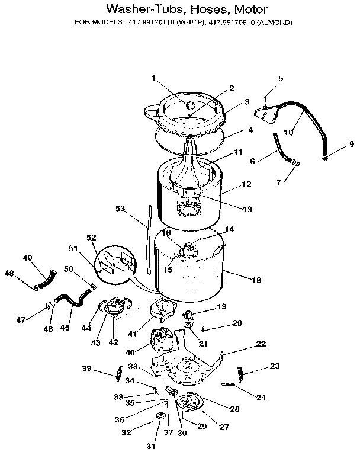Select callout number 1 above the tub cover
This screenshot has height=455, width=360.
pyautogui.click(x=153, y=78)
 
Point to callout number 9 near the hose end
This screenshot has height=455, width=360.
pyautogui.click(x=351, y=144)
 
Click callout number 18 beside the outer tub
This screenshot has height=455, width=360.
pyautogui.click(x=256, y=280)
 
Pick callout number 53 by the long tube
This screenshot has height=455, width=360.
pyautogui.click(x=121, y=208)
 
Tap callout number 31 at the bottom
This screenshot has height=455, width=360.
pyautogui.click(x=150, y=446)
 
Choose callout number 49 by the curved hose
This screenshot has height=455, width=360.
pyautogui.click(x=28, y=258)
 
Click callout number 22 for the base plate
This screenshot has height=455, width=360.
pyautogui.click(x=261, y=344)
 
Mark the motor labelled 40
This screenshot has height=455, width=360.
pyautogui.click(x=162, y=342)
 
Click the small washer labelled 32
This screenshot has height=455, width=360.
pyautogui.click(x=160, y=418)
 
